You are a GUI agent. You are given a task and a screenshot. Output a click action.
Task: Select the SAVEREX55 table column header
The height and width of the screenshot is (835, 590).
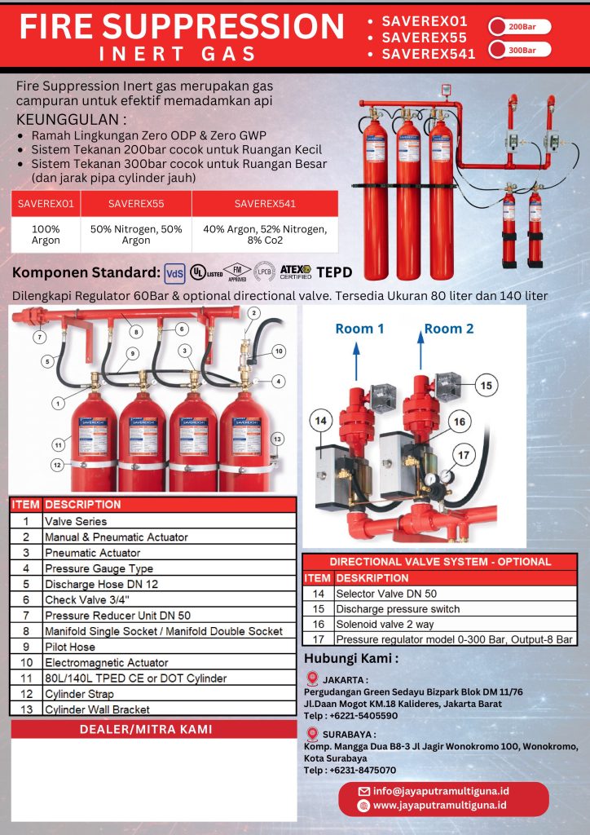click(x=136, y=203)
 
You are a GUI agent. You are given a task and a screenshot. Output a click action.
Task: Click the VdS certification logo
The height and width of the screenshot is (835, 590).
click(x=174, y=272)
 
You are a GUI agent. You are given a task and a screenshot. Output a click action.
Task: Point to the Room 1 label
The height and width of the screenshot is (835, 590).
click(x=359, y=328)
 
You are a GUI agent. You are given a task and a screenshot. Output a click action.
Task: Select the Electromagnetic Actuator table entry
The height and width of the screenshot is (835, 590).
click(x=106, y=662)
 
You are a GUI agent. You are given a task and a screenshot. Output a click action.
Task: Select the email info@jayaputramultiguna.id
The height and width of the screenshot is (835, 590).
click(x=441, y=790)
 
